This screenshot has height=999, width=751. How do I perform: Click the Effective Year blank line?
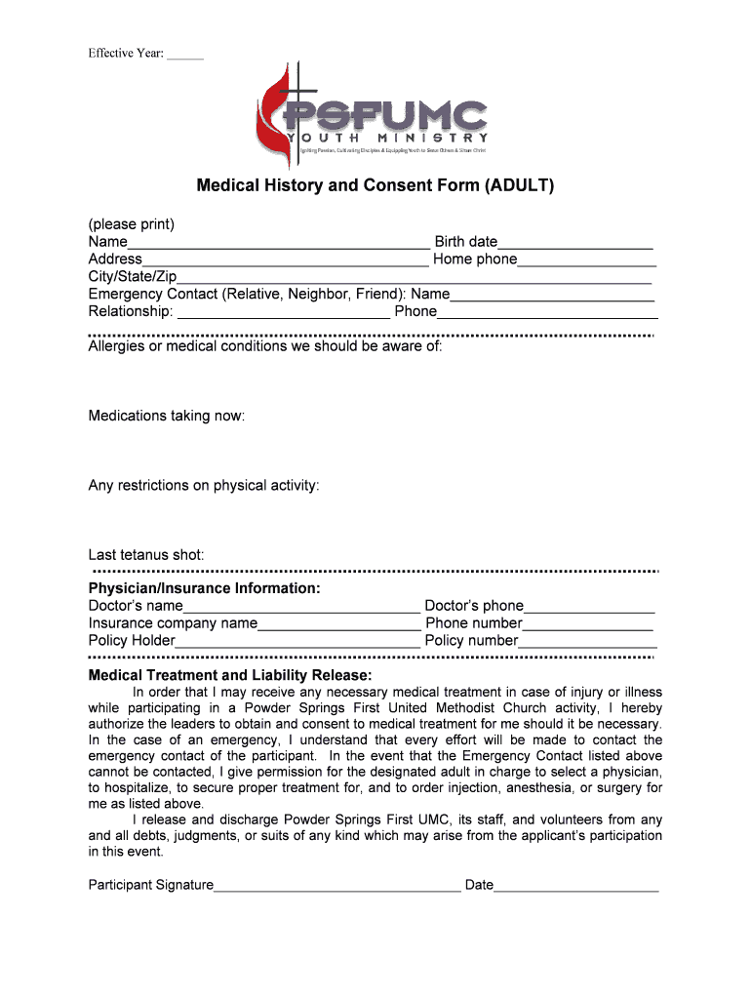coord(185,54)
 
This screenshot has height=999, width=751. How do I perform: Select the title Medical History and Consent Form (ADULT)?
coord(375,184)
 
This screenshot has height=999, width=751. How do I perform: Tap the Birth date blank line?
coord(574,244)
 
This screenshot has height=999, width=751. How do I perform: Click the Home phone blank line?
coord(586,261)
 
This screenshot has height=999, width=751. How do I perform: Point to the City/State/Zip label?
coord(133,277)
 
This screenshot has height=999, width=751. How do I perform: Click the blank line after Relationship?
coord(283,314)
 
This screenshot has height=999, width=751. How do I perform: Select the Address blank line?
coord(285,261)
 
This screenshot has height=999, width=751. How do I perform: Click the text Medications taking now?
coord(167,417)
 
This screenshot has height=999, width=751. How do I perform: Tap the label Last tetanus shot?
coord(146,555)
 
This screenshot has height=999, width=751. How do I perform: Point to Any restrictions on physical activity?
coord(204,486)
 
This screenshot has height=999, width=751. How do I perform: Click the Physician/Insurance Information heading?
coord(205,588)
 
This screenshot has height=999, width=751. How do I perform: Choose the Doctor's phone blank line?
coord(589,608)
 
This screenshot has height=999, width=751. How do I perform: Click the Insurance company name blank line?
coord(338,625)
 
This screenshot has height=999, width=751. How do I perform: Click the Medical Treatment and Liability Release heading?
coord(230,676)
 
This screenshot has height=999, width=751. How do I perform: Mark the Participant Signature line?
coord(336,888)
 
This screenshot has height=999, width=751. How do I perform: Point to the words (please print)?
coord(132,224)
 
